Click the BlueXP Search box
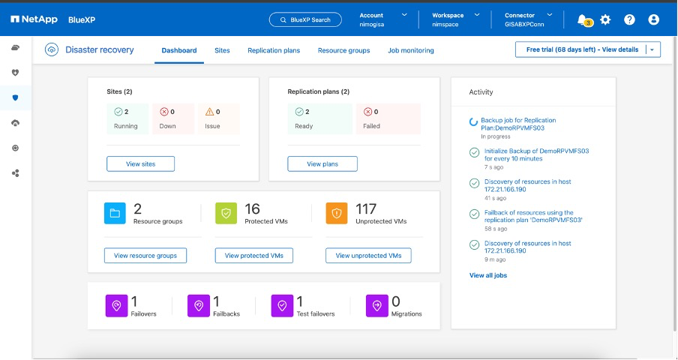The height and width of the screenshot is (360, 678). (305, 19)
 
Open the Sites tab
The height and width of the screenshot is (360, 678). (222, 50)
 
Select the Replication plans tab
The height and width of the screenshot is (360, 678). (274, 50)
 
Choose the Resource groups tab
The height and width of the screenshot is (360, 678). (343, 50)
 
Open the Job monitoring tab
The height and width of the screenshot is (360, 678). (410, 50)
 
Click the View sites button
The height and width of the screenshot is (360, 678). (140, 163)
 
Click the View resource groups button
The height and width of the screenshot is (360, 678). (145, 256)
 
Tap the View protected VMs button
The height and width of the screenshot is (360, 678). (254, 256)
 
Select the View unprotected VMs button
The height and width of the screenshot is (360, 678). (368, 256)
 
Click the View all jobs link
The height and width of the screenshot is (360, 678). (488, 275)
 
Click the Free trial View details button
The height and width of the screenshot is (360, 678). (582, 49)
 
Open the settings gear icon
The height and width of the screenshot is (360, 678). (606, 19)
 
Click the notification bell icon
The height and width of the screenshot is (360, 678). (582, 19)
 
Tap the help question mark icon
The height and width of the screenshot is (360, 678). (629, 19)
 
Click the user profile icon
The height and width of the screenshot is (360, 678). (653, 19)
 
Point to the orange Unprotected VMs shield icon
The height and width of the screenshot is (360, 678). (337, 213)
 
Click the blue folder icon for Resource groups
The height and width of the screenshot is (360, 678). (115, 213)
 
